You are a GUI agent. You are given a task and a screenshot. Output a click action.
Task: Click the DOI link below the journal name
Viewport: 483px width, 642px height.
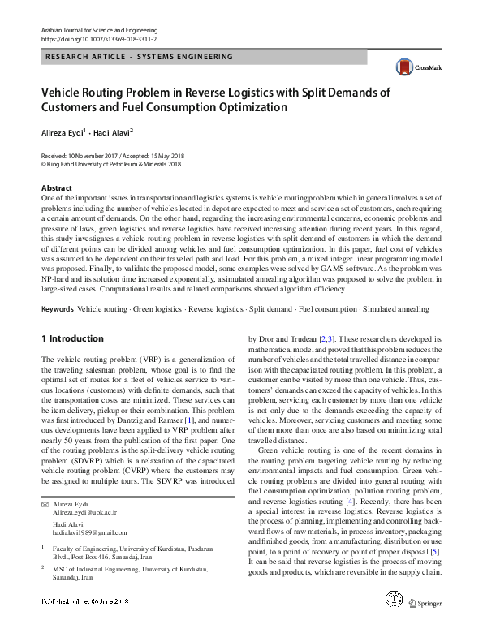pyautogui.click(x=99, y=38)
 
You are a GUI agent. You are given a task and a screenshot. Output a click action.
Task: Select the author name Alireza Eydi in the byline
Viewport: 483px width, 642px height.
pyautogui.click(x=63, y=131)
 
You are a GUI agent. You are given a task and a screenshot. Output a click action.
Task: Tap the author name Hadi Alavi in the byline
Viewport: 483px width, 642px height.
pyautogui.click(x=113, y=131)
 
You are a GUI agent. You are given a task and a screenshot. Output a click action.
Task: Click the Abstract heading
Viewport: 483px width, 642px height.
pyautogui.click(x=57, y=187)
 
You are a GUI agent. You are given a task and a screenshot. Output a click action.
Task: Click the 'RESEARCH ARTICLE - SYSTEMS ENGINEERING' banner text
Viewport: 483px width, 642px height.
pyautogui.click(x=140, y=57)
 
